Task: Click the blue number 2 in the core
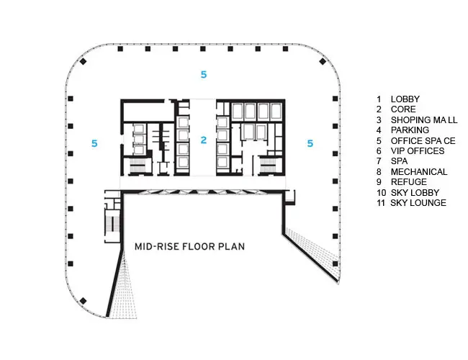point(204,140)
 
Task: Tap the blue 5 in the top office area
point(204,74)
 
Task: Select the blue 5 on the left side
point(94,143)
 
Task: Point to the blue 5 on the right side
point(310,143)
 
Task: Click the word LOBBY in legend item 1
point(405,99)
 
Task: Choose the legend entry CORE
point(403,109)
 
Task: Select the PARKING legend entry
point(410,130)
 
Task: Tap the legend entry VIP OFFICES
point(418,151)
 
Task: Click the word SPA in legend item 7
point(399,161)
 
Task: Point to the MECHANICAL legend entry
point(419,172)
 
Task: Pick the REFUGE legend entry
point(409,182)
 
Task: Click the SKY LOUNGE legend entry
point(418,203)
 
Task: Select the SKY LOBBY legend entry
point(415,193)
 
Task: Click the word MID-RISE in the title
point(156,246)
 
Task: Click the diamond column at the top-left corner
point(83,61)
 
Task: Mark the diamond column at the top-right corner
point(323,61)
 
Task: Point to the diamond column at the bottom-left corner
point(83,301)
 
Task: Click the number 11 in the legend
point(381,203)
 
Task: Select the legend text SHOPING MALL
point(424,120)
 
